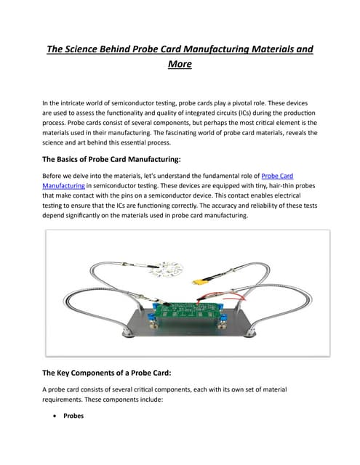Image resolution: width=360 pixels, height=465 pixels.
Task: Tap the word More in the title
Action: [x=180, y=64]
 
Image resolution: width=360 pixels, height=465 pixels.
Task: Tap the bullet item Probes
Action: [x=73, y=416]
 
